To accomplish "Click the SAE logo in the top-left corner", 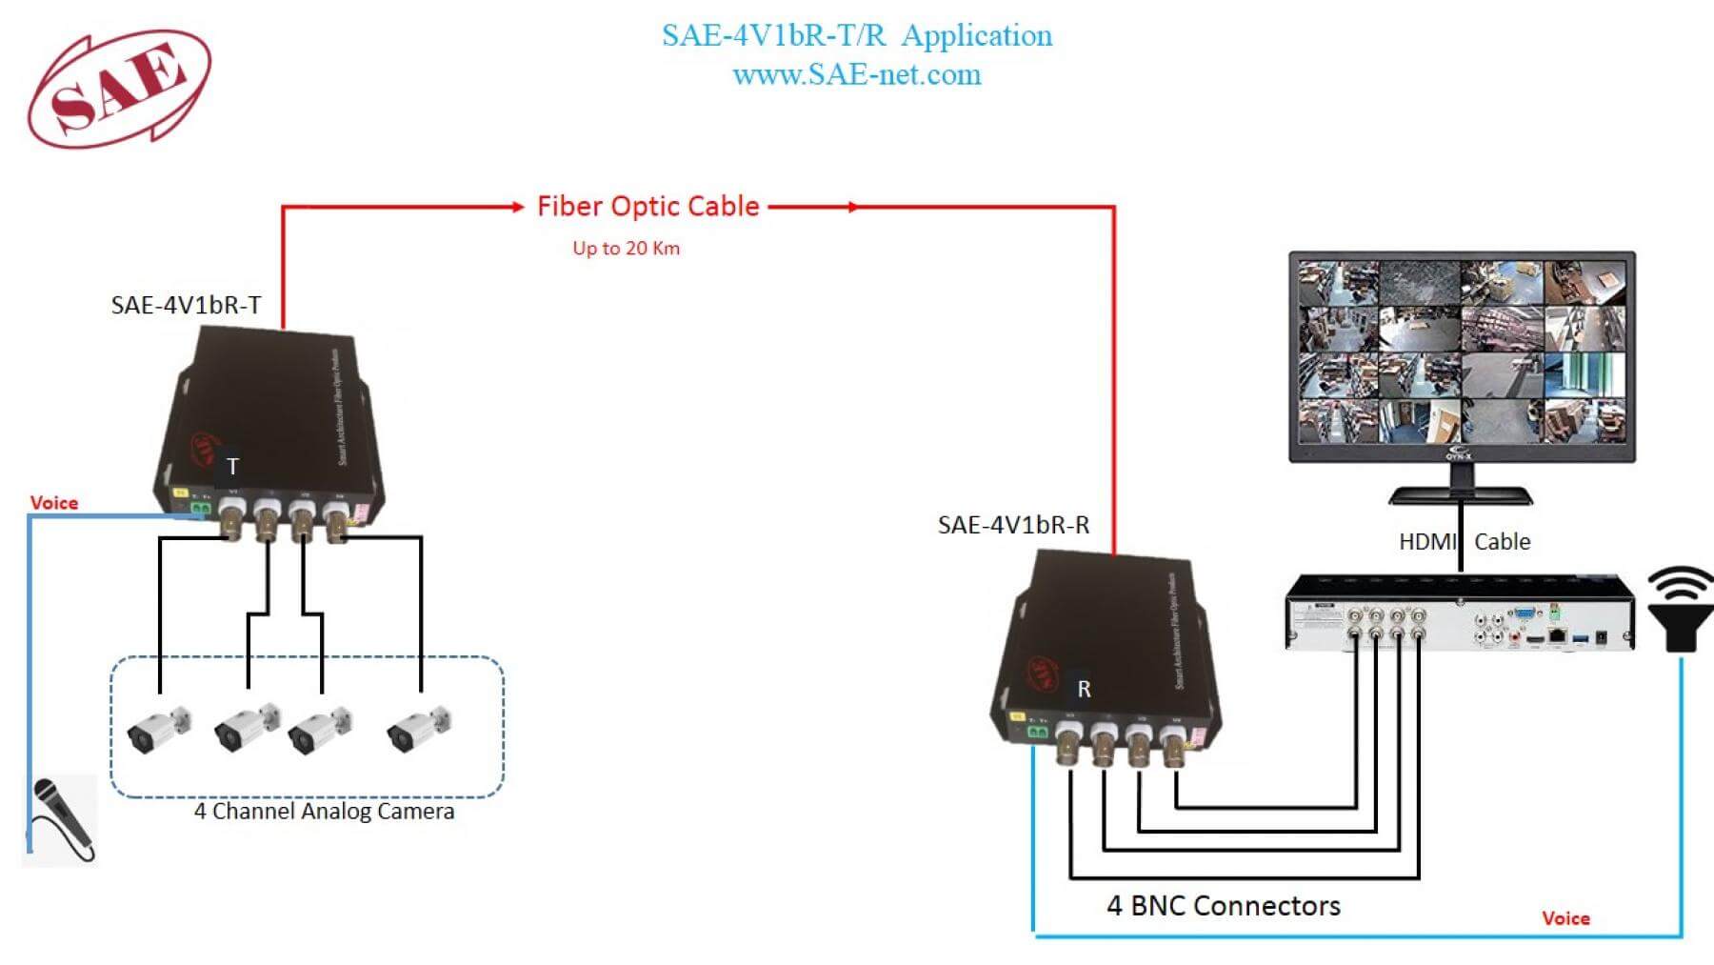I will [x=119, y=88].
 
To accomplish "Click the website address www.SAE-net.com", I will [x=856, y=75].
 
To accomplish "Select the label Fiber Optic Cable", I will [x=648, y=207].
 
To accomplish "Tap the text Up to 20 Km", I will [x=626, y=249].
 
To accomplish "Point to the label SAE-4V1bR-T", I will [x=186, y=305].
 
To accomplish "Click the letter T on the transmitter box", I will [x=232, y=467].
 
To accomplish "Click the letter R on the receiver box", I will [x=1084, y=689].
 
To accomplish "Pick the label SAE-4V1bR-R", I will [x=1013, y=525].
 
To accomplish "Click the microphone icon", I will [x=60, y=817].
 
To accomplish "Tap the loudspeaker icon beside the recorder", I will [x=1680, y=609].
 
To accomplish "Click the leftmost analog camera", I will [x=157, y=730].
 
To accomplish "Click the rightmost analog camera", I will [x=419, y=729].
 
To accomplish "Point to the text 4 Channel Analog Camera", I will [x=324, y=812].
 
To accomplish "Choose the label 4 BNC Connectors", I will [x=1223, y=906].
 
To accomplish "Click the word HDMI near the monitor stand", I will [x=1426, y=542].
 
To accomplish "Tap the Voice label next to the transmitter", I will [x=54, y=503].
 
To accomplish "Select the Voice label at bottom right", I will [x=1565, y=918].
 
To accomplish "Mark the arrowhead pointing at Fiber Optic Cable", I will [x=517, y=207].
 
